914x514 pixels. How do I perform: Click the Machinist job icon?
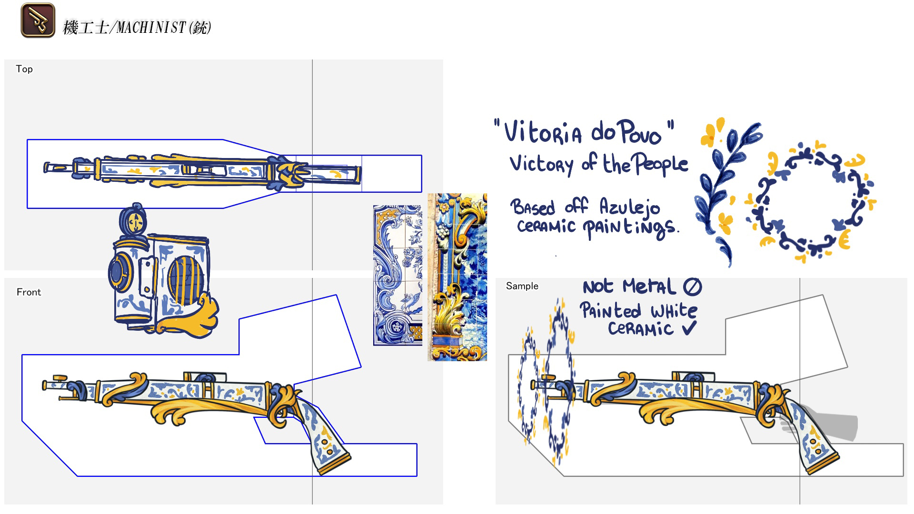pyautogui.click(x=38, y=20)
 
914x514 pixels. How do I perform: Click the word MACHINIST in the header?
pyautogui.click(x=150, y=28)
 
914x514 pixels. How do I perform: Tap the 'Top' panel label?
pyautogui.click(x=24, y=69)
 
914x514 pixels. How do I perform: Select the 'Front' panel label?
pyautogui.click(x=29, y=292)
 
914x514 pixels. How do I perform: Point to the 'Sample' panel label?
pyautogui.click(x=522, y=286)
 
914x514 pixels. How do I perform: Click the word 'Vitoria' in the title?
pyautogui.click(x=543, y=132)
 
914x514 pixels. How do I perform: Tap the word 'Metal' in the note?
pyautogui.click(x=649, y=286)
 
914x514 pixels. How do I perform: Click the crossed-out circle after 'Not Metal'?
pyautogui.click(x=692, y=286)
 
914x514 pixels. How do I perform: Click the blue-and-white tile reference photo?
pyautogui.click(x=397, y=275)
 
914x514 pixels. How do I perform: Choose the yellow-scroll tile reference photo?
pyautogui.click(x=457, y=277)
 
